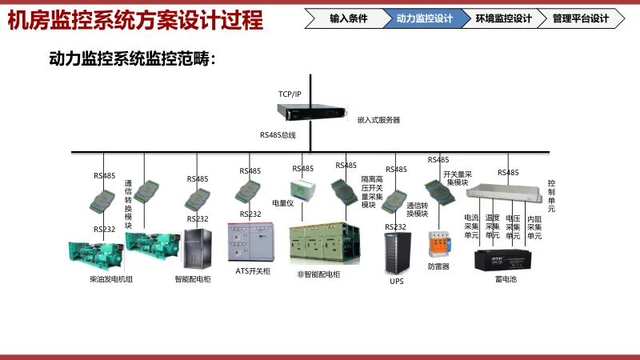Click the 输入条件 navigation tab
349,18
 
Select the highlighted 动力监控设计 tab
424,18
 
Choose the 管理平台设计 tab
580,18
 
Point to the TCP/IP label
290,94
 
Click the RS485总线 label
278,136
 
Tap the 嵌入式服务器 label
378,120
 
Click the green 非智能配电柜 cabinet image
318,245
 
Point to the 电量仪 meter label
283,202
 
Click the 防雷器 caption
438,266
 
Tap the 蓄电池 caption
506,279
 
